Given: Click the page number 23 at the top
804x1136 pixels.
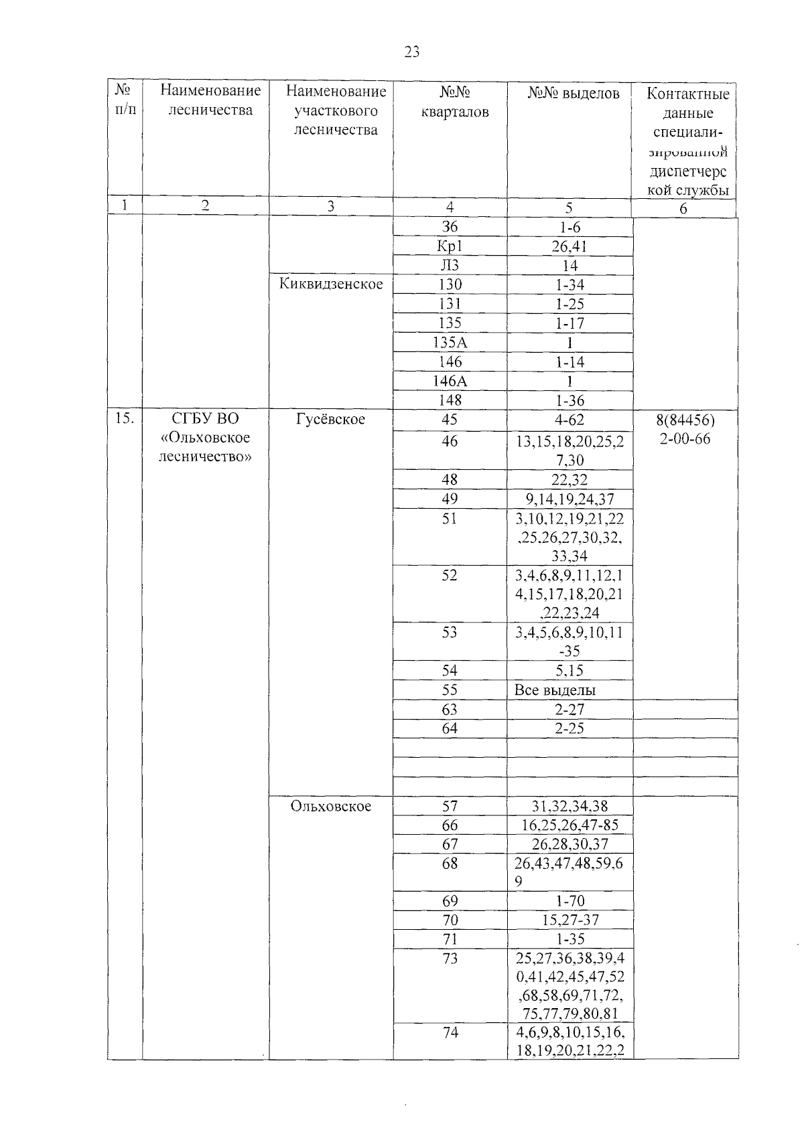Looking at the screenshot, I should (x=412, y=52).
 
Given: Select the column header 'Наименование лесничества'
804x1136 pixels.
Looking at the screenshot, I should (x=210, y=100).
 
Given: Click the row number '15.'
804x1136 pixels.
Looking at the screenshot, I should (x=125, y=419).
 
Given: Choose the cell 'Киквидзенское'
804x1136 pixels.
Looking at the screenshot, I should (x=331, y=284).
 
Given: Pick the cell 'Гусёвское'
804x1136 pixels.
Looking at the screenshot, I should (x=330, y=419).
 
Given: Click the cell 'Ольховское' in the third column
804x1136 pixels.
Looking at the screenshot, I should (x=330, y=806).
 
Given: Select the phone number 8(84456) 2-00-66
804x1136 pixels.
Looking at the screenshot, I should (x=685, y=430).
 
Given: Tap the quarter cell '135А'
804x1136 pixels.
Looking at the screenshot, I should (x=450, y=343).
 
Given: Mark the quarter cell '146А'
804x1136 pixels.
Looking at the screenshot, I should (x=450, y=381).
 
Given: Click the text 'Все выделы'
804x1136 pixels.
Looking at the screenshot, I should (x=555, y=690).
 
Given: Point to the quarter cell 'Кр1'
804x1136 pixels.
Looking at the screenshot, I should (x=450, y=246).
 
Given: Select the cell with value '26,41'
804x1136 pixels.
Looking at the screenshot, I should (x=569, y=246).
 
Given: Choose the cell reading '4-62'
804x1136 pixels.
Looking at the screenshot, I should (x=569, y=420).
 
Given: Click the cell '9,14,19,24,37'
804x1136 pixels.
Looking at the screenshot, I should (x=569, y=499).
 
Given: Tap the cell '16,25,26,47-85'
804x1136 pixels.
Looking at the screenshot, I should (x=569, y=825).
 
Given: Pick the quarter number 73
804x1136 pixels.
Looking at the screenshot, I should (x=450, y=959).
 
